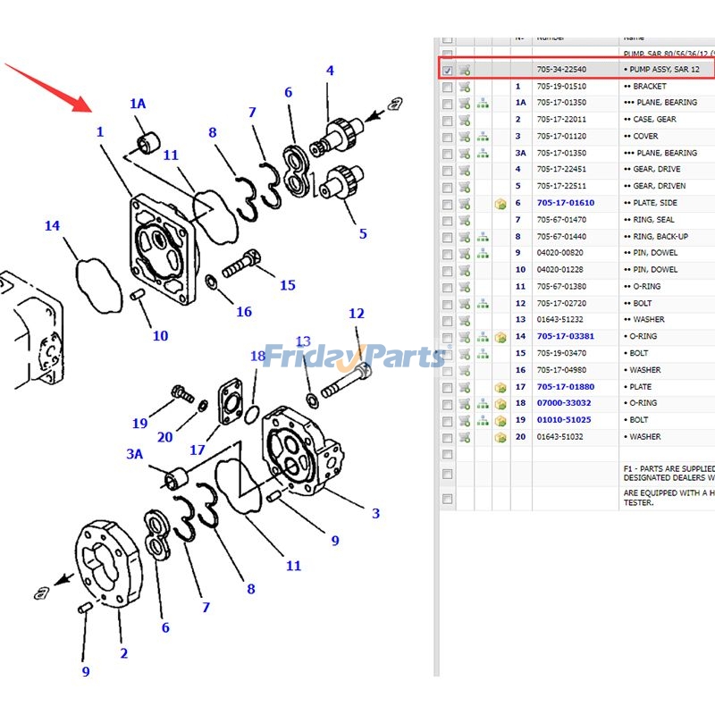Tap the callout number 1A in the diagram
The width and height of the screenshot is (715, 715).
pyautogui.click(x=138, y=105)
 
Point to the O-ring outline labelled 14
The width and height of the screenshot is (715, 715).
pyautogui.click(x=97, y=283)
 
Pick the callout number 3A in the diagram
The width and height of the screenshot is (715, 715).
pyautogui.click(x=134, y=454)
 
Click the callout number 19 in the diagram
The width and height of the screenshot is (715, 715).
pyautogui.click(x=140, y=424)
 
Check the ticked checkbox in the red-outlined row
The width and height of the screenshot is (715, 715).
pyautogui.click(x=448, y=70)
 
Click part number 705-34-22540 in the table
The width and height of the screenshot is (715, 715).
pyautogui.click(x=561, y=70)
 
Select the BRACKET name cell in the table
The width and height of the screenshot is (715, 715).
pyautogui.click(x=650, y=87)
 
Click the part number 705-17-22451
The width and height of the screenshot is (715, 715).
pyautogui.click(x=561, y=170)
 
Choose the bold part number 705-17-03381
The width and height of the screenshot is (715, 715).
pyautogui.click(x=565, y=337)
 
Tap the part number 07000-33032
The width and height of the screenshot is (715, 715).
pyautogui.click(x=565, y=404)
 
